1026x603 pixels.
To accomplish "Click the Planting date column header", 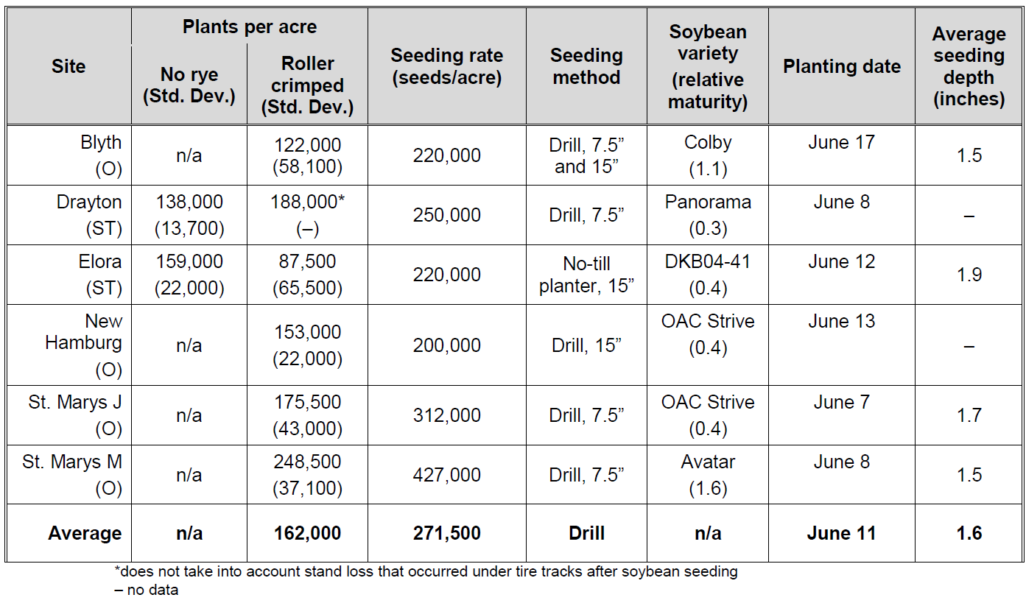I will [841, 67].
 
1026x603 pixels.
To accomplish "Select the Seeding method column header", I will [586, 66].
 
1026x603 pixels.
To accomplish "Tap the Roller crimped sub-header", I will [307, 85].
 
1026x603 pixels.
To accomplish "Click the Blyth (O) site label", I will [101, 155].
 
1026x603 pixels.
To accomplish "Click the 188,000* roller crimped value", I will [307, 202].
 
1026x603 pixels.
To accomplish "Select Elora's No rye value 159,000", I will [189, 262].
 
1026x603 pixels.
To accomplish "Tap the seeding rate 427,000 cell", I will [446, 475].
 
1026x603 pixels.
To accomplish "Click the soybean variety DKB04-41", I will [707, 262].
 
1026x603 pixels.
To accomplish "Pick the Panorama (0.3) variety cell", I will [707, 215].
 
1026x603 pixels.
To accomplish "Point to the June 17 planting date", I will [841, 143].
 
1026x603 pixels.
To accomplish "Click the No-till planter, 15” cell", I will [586, 275].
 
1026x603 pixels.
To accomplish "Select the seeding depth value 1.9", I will [969, 275].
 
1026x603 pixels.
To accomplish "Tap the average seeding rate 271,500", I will [446, 534].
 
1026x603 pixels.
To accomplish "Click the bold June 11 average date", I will [841, 534].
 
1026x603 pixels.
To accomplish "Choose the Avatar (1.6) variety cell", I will [707, 475].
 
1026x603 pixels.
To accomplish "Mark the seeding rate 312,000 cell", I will [446, 415].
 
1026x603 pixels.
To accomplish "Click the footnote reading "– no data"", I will [147, 590].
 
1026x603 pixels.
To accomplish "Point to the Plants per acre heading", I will [250, 27].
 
